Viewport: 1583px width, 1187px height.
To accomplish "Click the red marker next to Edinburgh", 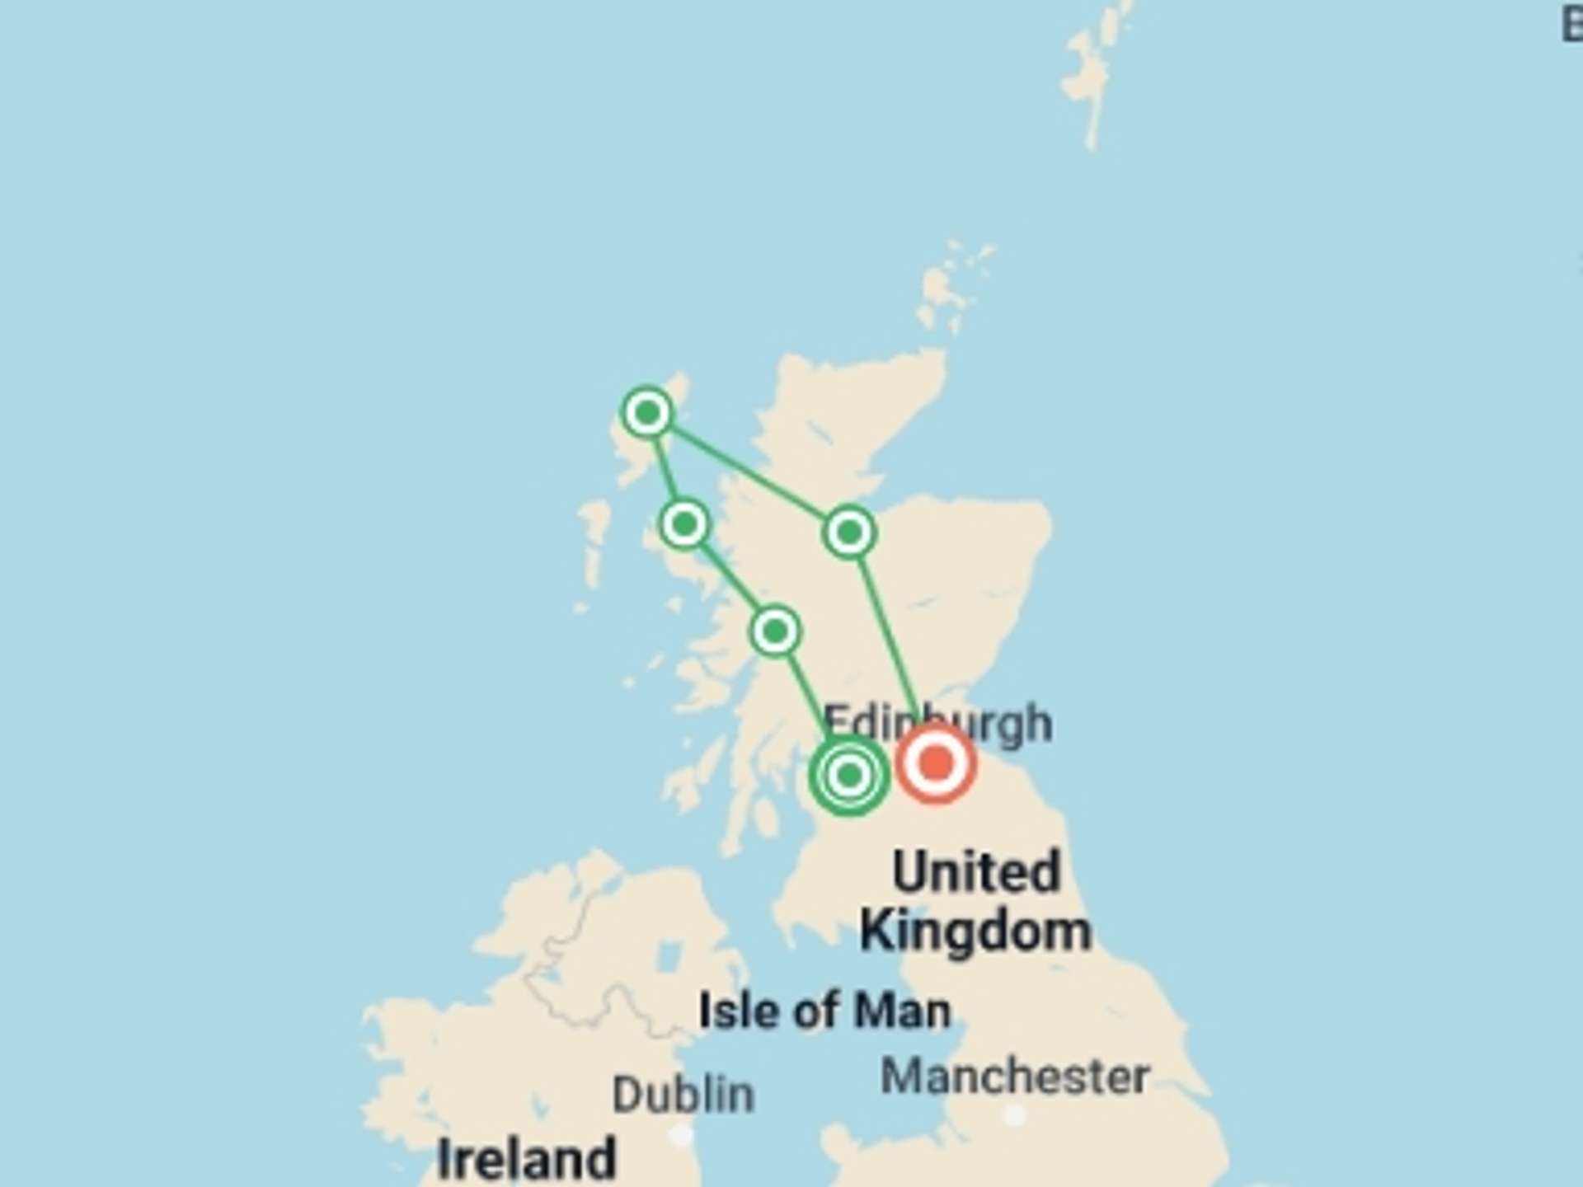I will [x=936, y=763].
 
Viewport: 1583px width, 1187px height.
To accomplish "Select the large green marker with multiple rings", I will [x=849, y=776].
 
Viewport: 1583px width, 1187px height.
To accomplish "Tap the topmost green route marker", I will [x=647, y=411].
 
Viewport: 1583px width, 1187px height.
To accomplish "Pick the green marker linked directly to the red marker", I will [x=849, y=533].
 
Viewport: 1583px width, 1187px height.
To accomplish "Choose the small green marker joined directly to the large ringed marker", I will [x=775, y=632].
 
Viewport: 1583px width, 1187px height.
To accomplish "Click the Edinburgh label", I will [x=937, y=723].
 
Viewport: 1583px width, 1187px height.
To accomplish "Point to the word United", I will [x=976, y=872].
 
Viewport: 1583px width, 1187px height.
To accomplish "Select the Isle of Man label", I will [x=824, y=1011].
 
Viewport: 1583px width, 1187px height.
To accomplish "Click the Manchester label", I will [x=1015, y=1077].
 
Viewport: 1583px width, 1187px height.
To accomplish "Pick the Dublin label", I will [x=683, y=1095].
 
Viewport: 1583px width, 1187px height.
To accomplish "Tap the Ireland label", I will [x=527, y=1158].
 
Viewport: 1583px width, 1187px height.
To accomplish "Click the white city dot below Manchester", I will [x=1015, y=1115].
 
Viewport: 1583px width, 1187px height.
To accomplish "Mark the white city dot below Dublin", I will [x=681, y=1136].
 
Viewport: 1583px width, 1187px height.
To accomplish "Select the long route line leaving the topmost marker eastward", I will [x=746, y=471].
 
